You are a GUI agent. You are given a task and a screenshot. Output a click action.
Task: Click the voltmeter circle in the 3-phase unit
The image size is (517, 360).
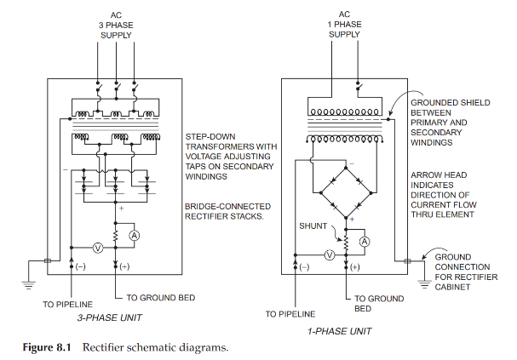[96, 248]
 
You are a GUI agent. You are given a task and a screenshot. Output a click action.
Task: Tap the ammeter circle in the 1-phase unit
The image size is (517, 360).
[364, 242]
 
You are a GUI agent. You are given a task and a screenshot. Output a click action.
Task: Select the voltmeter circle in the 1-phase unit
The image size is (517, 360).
[329, 254]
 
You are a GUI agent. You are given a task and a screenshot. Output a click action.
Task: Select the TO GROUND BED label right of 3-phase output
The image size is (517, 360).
[160, 298]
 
